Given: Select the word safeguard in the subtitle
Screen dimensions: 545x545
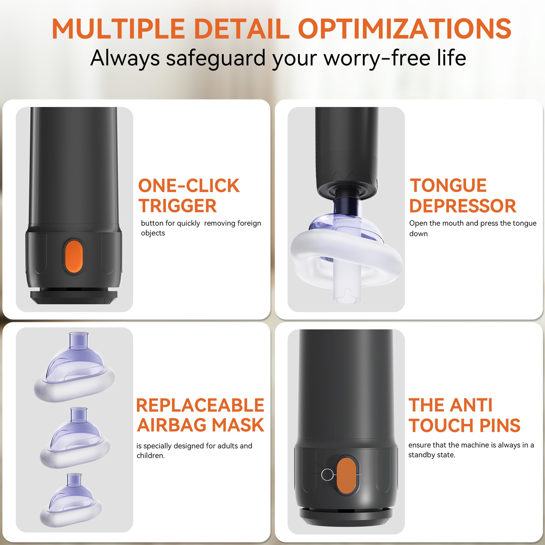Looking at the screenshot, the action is (x=216, y=58).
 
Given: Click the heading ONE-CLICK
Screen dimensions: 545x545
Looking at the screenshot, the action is (x=189, y=186).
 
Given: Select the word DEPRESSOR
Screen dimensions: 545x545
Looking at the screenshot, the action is (x=463, y=206).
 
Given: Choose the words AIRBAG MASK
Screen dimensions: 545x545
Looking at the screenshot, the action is (x=201, y=425).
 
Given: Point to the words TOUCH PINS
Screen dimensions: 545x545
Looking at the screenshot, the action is (x=465, y=425).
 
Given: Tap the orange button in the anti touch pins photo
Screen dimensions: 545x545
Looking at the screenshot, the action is (x=346, y=476).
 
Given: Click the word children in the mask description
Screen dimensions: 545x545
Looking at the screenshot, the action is (x=150, y=456).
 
